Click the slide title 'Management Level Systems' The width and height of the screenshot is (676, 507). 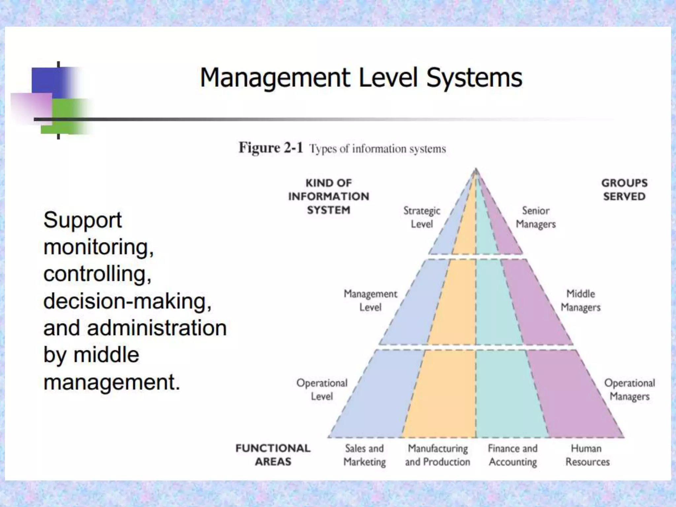361,78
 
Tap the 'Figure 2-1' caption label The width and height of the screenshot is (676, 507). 271,148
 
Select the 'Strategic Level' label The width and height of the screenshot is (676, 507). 422,217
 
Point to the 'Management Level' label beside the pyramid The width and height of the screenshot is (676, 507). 370,300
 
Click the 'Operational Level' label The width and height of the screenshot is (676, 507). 322,389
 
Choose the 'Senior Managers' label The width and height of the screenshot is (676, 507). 536,217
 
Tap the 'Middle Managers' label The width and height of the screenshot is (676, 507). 581,300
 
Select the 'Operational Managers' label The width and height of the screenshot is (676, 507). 629,389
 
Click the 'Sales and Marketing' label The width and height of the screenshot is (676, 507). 364,455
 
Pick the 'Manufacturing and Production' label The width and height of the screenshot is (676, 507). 438,455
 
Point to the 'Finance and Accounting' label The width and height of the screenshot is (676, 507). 513,455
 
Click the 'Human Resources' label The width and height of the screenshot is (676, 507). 587,455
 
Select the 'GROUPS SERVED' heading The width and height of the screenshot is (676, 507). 624,189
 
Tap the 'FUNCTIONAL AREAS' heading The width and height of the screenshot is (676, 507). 273,455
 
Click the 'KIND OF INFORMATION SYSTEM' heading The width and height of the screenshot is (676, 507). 329,196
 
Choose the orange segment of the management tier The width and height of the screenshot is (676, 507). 454,302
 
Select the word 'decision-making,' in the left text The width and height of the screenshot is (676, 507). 127,301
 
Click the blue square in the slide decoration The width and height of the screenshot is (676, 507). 48,82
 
